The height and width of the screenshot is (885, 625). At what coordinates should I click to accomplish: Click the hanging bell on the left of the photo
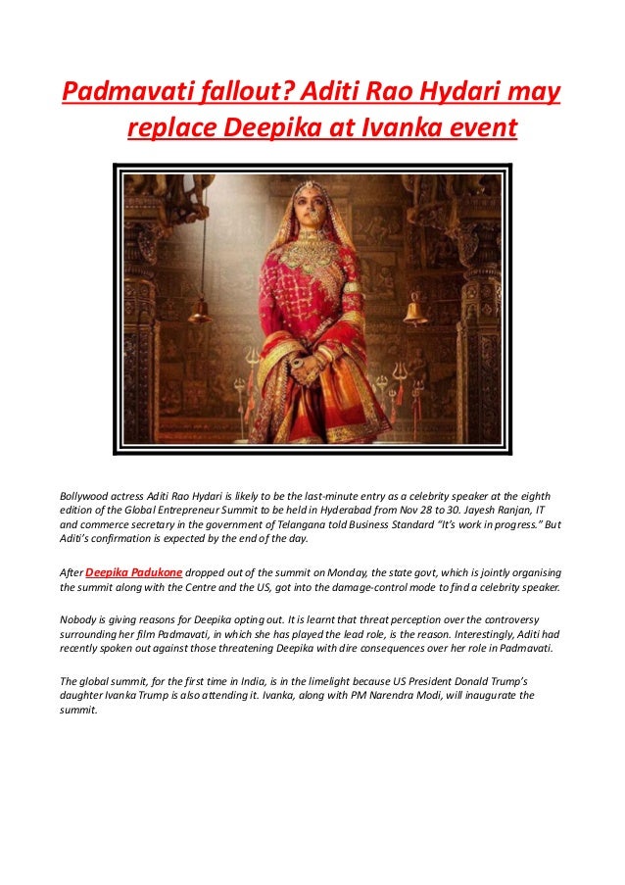200,311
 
